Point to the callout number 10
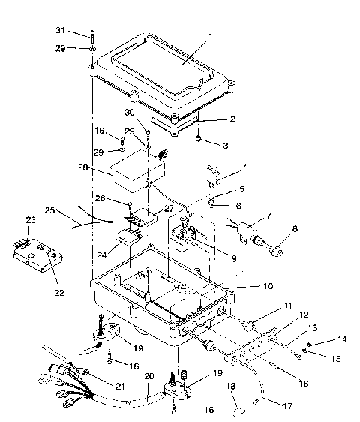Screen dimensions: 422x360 pyautogui.click(x=247, y=287)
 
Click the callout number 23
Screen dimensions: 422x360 pyautogui.click(x=31, y=219)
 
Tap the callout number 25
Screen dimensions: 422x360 pyautogui.click(x=50, y=211)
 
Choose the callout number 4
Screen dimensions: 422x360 pyautogui.click(x=246, y=165)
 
